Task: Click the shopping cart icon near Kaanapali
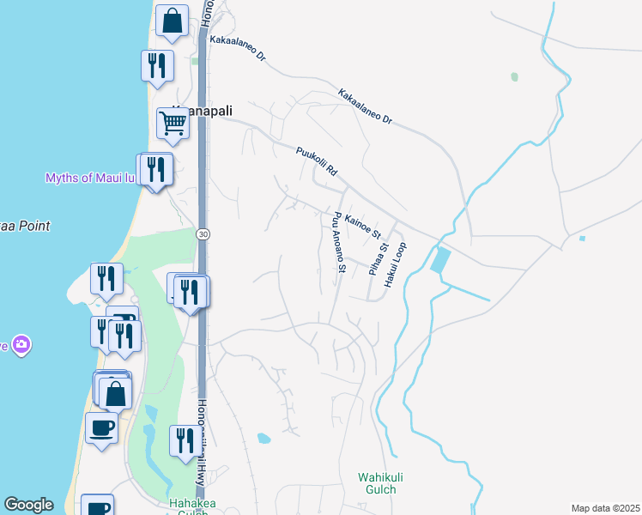point(173,124)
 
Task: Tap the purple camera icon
point(21,345)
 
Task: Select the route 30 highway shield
point(203,233)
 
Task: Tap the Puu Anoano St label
point(338,243)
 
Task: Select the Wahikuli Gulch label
point(377,483)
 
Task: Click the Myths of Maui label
point(90,178)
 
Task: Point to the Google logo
point(28,505)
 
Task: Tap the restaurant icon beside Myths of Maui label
point(155,168)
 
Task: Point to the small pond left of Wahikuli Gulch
point(263,439)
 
